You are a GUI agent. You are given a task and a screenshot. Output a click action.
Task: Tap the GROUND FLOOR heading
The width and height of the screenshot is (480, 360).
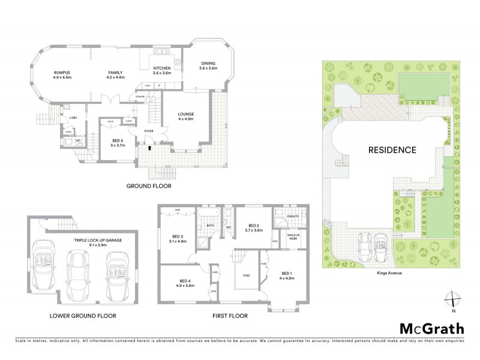(x=149, y=186)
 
